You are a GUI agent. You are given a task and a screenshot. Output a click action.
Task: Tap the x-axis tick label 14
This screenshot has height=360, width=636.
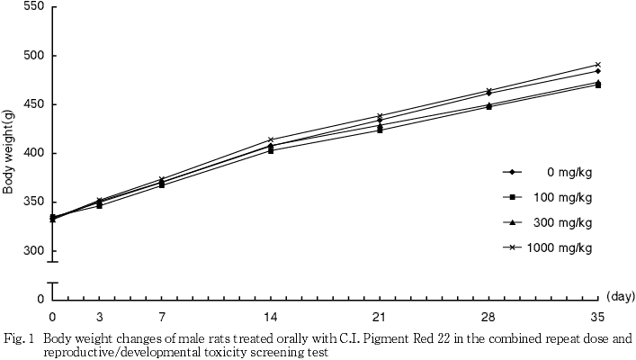coord(271,317)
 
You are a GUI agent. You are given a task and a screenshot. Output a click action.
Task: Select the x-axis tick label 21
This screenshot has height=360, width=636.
coord(380,317)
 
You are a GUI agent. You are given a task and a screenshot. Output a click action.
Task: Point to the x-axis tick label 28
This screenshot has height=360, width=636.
coord(488,317)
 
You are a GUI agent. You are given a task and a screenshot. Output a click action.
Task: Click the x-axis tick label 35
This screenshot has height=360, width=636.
coord(597,317)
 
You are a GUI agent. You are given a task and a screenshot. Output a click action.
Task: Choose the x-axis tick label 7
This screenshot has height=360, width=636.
coord(162,317)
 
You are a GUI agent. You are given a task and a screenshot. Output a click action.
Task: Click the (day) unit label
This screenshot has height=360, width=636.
coord(620,294)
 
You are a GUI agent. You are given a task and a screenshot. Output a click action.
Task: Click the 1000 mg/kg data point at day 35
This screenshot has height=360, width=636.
coord(597,65)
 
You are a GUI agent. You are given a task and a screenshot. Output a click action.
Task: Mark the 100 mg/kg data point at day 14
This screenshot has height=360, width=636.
coord(271,150)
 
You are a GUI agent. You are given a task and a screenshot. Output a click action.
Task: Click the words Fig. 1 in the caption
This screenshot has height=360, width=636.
coord(20,339)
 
